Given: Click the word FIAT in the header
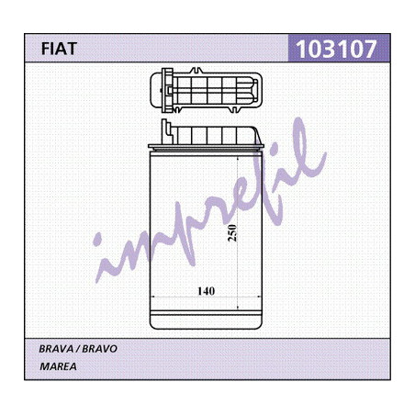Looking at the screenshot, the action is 59,49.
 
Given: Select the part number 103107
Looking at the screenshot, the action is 336,49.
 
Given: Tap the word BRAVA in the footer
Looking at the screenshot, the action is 56,349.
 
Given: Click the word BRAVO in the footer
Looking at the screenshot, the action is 100,349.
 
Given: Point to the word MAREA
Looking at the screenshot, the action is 58,366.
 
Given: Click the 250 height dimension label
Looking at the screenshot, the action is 232,233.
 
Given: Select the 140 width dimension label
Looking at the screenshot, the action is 206,291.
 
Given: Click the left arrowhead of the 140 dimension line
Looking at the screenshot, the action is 153,297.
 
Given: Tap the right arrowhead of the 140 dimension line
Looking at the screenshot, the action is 259,297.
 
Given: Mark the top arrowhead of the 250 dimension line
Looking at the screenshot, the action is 238,160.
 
